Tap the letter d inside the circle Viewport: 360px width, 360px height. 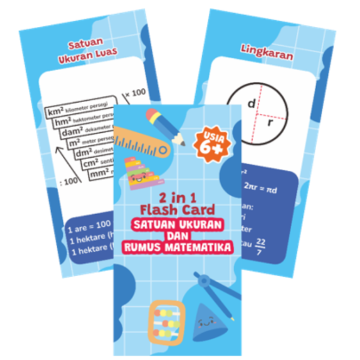tap(250, 104)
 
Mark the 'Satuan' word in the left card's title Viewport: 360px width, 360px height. tap(88, 46)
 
